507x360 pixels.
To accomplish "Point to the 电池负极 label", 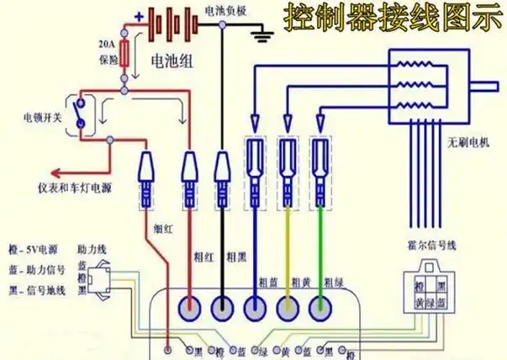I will point(224,11).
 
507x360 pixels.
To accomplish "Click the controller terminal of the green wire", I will point(318,307).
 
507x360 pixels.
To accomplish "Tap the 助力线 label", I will point(91,250).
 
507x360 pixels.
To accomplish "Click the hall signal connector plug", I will point(424,292).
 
